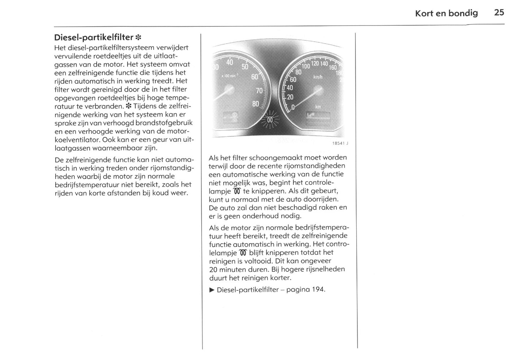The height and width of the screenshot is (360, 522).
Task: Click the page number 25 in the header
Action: (499, 13)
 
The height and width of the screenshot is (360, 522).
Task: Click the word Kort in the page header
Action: (424, 13)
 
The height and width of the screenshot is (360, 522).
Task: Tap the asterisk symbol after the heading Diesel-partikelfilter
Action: (138, 38)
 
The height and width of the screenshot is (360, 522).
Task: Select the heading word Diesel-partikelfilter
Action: (94, 37)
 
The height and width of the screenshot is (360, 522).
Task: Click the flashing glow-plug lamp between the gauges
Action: (269, 120)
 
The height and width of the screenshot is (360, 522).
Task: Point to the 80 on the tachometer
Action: (255, 104)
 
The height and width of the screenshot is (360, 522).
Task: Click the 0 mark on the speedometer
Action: (293, 107)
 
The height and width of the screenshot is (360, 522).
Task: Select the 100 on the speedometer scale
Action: (306, 66)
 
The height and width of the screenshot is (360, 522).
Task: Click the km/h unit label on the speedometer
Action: (318, 77)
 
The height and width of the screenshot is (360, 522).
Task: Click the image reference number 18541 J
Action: (340, 143)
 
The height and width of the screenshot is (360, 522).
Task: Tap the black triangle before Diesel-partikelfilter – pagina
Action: (212, 290)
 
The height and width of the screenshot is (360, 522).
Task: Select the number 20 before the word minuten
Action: (213, 269)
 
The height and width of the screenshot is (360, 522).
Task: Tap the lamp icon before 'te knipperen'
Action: (237, 191)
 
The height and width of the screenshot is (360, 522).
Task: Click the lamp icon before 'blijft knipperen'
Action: (243, 252)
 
